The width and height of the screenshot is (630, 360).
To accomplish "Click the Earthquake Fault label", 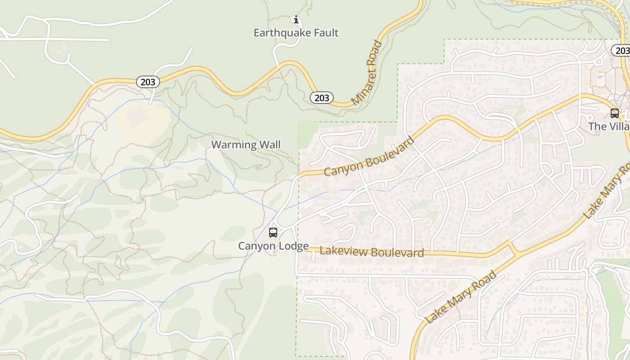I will pyautogui.click(x=296, y=33).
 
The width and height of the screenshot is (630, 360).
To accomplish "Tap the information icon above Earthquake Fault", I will pyautogui.click(x=296, y=19).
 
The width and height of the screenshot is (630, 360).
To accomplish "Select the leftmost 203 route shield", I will pyautogui.click(x=148, y=82).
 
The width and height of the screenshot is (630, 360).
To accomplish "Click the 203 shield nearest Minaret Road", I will pyautogui.click(x=321, y=98).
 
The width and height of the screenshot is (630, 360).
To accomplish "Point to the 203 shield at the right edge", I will pyautogui.click(x=621, y=51).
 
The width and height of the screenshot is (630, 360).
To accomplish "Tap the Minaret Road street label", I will pyautogui.click(x=367, y=73).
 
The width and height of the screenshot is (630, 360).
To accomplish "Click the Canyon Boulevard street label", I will pyautogui.click(x=369, y=157).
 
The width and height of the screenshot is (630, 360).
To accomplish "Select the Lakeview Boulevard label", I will pyautogui.click(x=372, y=252).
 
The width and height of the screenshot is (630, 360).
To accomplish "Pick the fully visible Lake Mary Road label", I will pyautogui.click(x=462, y=297).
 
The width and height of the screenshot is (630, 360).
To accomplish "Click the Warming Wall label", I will pyautogui.click(x=246, y=144).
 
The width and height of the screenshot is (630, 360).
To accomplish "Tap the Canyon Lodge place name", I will pyautogui.click(x=273, y=246).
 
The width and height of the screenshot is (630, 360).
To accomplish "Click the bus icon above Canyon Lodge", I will pyautogui.click(x=273, y=233).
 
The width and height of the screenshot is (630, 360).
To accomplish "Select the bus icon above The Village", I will pyautogui.click(x=614, y=113).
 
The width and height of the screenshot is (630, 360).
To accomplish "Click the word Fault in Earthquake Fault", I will pyautogui.click(x=325, y=33).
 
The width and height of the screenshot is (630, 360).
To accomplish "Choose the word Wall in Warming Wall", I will pyautogui.click(x=269, y=144).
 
